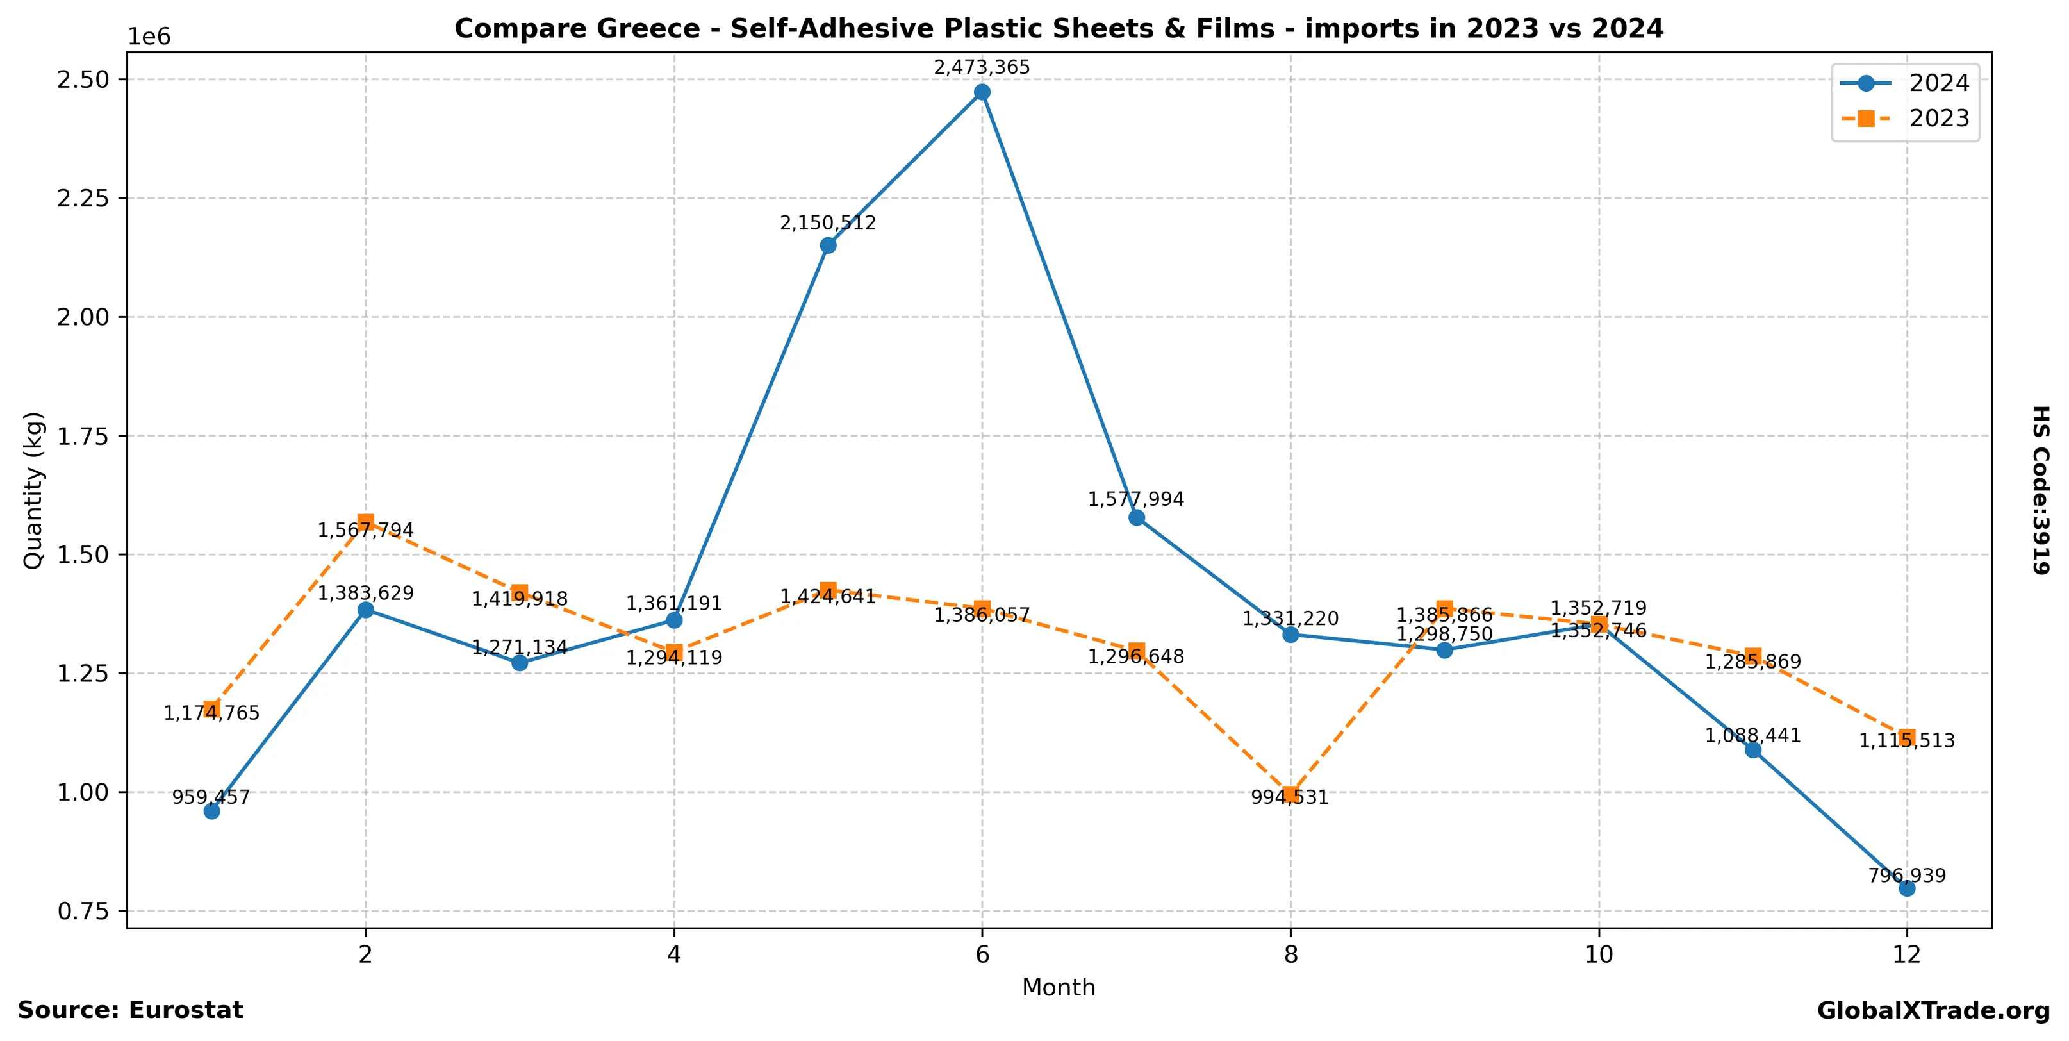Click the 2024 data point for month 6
(982, 92)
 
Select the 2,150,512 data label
(827, 223)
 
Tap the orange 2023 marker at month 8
(1290, 794)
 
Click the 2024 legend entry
(1904, 83)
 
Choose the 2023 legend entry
(1904, 119)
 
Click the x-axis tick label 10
(1598, 954)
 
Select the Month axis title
(1058, 987)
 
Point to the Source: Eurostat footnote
(130, 1010)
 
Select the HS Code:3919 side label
(2041, 490)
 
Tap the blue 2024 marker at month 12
(1907, 888)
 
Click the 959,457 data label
(211, 797)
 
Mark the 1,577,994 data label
(1135, 499)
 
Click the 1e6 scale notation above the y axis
(149, 37)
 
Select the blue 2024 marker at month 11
(1752, 750)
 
